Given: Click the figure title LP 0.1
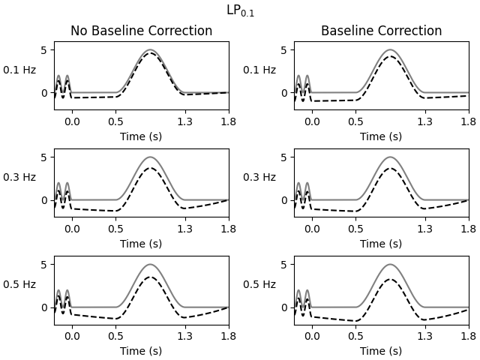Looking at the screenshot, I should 240,11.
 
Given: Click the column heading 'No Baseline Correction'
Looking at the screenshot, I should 141,31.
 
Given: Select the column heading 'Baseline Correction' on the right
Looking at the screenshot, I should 381,31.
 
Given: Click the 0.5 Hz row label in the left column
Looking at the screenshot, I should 19,284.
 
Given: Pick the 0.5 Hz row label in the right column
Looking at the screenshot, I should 259,284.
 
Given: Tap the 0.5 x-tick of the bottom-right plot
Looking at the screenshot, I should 355,336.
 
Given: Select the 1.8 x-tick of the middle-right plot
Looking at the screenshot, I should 468,229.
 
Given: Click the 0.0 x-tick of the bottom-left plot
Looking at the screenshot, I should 72,336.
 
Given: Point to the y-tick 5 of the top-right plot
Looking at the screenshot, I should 285,50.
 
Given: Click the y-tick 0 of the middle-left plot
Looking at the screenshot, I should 45,200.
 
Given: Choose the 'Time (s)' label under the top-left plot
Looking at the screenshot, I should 141,136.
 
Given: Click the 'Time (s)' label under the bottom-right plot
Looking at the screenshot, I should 381,351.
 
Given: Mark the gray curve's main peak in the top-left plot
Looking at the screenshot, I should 150,50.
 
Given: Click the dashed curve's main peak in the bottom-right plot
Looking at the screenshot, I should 390,279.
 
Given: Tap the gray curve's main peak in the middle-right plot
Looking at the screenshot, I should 390,157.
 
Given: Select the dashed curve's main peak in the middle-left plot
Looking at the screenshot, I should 150,168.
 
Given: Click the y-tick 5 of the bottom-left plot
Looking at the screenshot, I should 45,265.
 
